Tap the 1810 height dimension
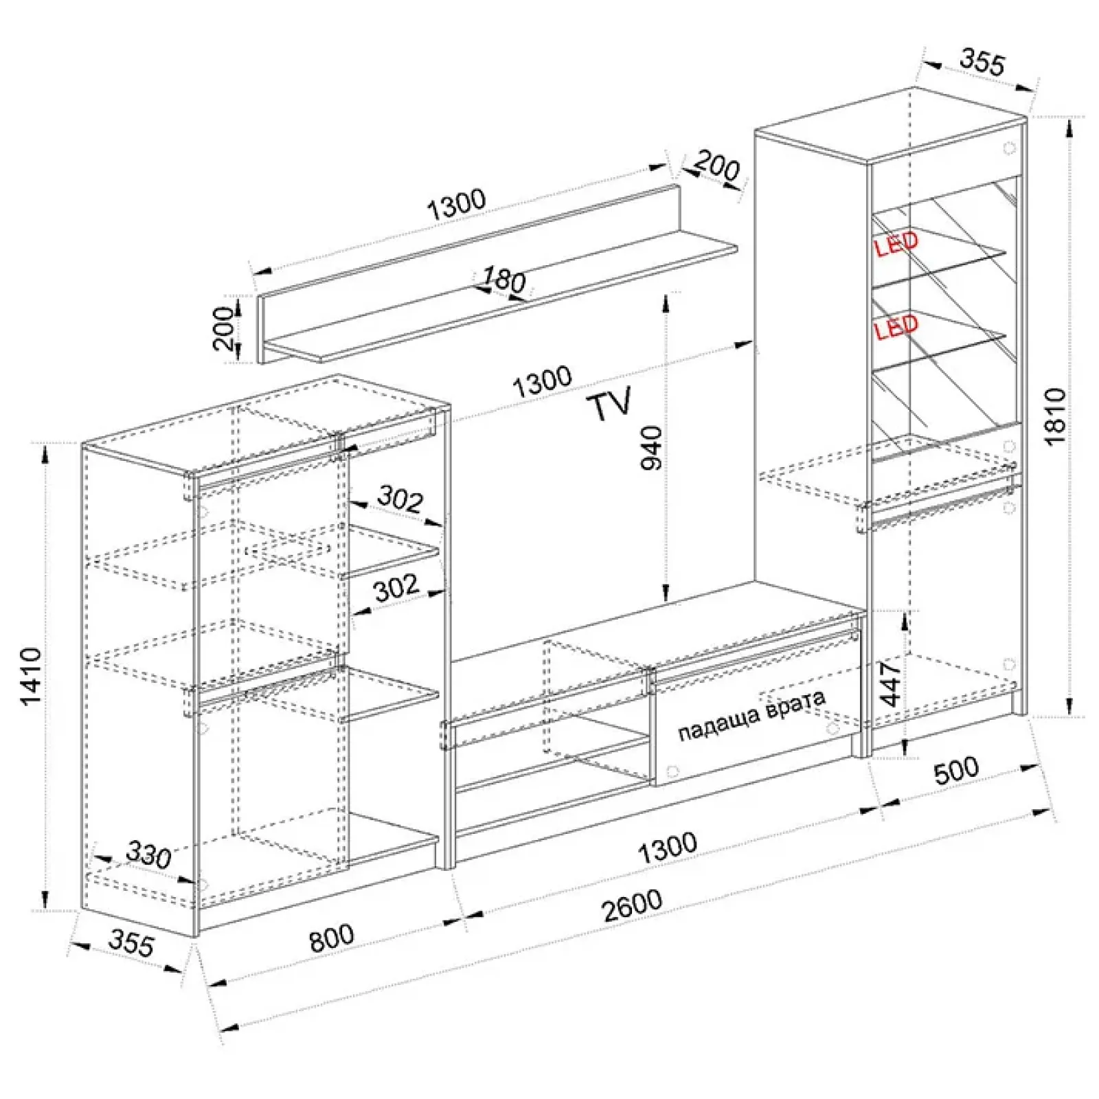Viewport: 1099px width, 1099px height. pyautogui.click(x=1056, y=416)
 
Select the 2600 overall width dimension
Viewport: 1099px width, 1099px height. pyautogui.click(x=633, y=906)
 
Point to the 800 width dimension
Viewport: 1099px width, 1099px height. pyautogui.click(x=332, y=938)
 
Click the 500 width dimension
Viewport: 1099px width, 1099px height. pyautogui.click(x=956, y=771)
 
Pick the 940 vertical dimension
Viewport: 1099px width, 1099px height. pyautogui.click(x=652, y=448)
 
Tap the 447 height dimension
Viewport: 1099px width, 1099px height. pyautogui.click(x=891, y=683)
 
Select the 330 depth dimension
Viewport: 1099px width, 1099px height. pyautogui.click(x=148, y=855)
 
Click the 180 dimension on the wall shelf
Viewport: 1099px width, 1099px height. pyautogui.click(x=503, y=279)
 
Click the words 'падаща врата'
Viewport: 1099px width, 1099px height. pyautogui.click(x=751, y=716)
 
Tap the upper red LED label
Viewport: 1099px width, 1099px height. pyautogui.click(x=896, y=244)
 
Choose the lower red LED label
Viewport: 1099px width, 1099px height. pyautogui.click(x=896, y=328)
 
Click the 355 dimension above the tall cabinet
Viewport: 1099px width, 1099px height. pyautogui.click(x=982, y=61)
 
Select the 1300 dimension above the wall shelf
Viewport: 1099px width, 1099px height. pyautogui.click(x=456, y=204)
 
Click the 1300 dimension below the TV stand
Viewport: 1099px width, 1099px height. pyautogui.click(x=667, y=848)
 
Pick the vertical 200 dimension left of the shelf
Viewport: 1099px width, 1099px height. pyautogui.click(x=223, y=328)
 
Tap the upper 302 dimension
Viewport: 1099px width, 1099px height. pyautogui.click(x=400, y=499)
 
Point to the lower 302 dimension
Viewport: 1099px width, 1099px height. pyautogui.click(x=396, y=587)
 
